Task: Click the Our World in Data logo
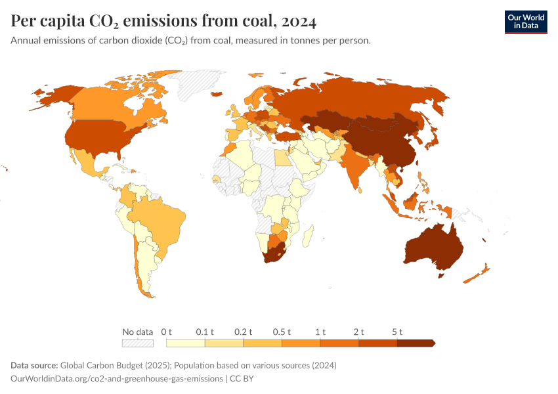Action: point(525,22)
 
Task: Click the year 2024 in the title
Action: point(299,22)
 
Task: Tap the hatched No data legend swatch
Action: point(137,343)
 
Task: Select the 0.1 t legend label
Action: point(205,332)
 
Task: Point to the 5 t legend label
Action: point(397,332)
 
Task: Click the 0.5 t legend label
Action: point(282,332)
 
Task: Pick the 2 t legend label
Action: point(358,332)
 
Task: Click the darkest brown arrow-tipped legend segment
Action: point(416,343)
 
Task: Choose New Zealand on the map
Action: point(479,273)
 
